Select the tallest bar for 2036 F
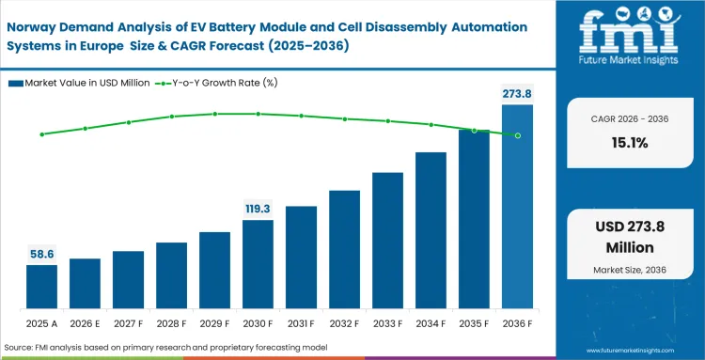tap(517, 207)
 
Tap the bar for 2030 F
tap(258, 265)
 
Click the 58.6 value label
tap(41, 254)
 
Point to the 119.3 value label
tap(258, 209)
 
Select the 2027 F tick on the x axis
tap(128, 324)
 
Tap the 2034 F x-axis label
tap(431, 324)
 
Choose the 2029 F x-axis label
tap(214, 324)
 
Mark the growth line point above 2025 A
tap(41, 134)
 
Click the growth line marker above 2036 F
tap(517, 135)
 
